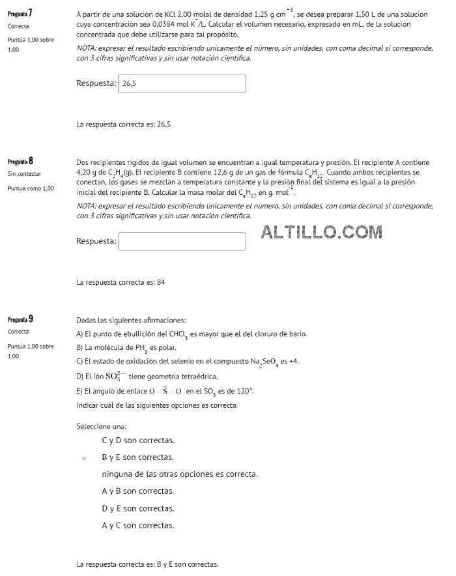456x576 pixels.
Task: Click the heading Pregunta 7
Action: click(20, 13)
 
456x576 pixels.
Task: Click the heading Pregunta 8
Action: click(20, 160)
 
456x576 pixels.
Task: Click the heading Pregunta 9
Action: click(20, 319)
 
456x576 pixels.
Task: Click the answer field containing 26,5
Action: click(182, 83)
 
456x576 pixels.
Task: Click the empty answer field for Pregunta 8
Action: click(182, 241)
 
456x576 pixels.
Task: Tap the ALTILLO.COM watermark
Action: click(321, 231)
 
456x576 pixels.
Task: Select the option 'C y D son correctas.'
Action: click(137, 440)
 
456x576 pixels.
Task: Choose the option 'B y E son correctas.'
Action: click(137, 457)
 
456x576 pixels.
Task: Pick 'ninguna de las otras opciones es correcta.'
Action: click(180, 474)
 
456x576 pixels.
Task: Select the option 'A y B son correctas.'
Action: click(137, 491)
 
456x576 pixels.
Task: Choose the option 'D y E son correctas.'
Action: click(137, 508)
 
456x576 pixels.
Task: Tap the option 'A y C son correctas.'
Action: click(137, 525)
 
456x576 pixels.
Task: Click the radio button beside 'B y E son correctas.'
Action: click(84, 458)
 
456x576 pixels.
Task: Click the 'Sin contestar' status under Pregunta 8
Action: click(24, 174)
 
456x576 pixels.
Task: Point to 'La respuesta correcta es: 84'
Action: click(121, 282)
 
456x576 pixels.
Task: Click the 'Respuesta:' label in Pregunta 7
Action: click(96, 83)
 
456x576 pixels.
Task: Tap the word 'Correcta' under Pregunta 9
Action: click(18, 332)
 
